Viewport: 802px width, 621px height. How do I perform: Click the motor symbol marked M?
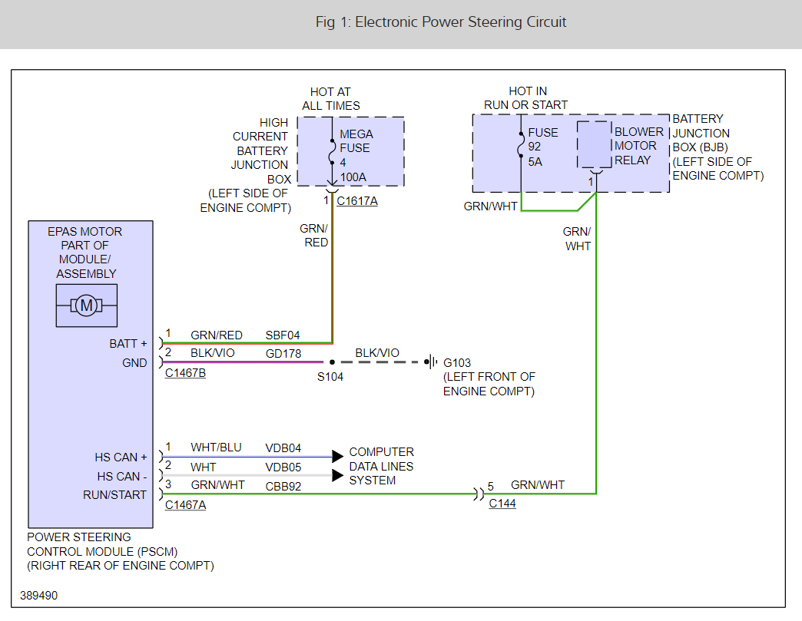[87, 306]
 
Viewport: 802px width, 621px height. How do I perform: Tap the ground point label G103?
[457, 362]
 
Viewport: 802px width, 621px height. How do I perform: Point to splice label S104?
[331, 377]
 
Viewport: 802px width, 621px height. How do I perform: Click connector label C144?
[502, 504]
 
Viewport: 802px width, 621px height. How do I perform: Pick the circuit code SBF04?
[283, 335]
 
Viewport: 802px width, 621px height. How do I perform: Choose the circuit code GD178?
[283, 354]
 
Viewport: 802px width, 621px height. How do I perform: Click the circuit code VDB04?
[283, 448]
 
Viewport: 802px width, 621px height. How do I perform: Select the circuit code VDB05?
[283, 467]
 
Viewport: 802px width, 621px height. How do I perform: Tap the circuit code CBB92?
[283, 485]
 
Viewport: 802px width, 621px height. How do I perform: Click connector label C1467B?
[185, 373]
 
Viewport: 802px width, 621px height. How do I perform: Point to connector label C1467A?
[185, 504]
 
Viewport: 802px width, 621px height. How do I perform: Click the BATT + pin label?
[128, 344]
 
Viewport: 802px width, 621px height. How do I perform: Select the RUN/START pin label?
[114, 495]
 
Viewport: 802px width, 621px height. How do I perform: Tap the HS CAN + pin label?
[121, 457]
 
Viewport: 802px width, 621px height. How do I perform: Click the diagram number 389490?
[38, 596]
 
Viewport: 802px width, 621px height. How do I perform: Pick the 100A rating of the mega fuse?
[353, 177]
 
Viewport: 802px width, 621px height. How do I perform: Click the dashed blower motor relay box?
[594, 144]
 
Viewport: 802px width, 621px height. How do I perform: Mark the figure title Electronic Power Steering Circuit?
[441, 22]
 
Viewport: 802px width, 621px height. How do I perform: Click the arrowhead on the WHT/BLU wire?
[337, 457]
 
